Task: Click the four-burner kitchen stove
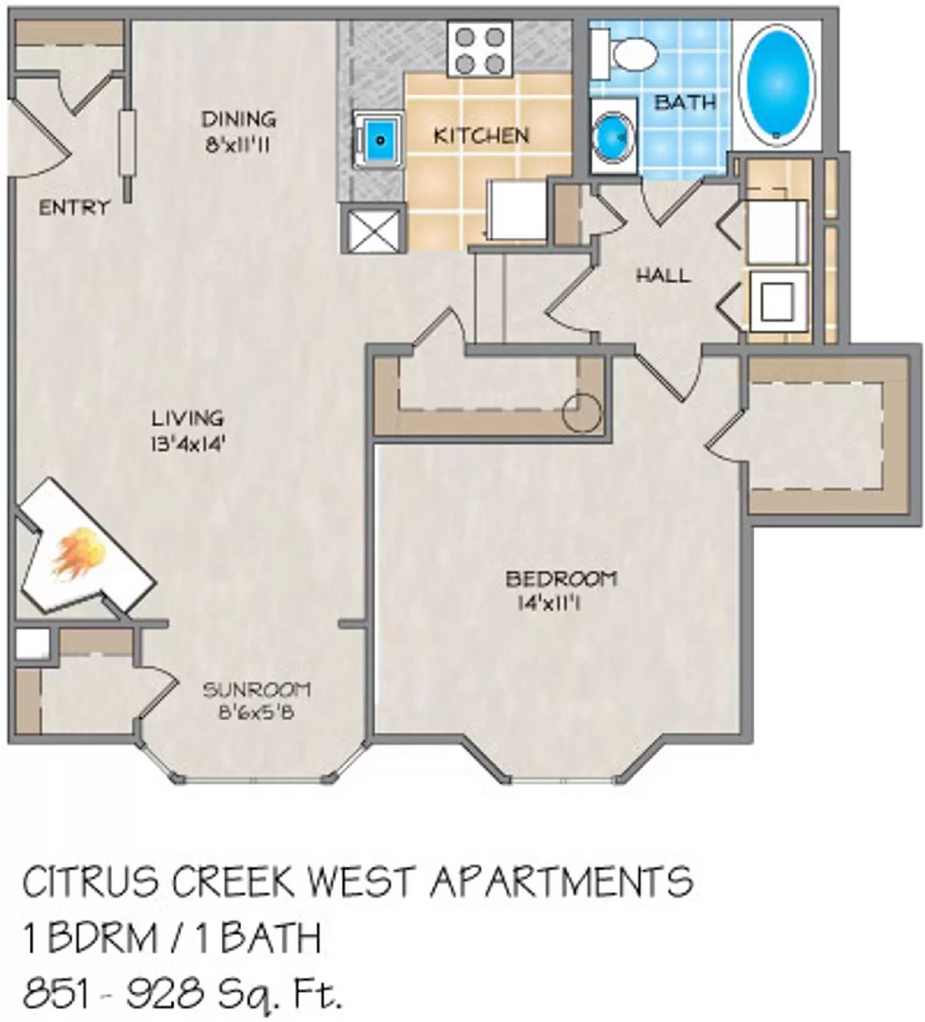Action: click(x=480, y=48)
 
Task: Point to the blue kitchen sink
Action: click(x=379, y=139)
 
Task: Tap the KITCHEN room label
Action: click(x=481, y=135)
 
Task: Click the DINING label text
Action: click(x=238, y=119)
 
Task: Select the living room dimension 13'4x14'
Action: click(x=188, y=443)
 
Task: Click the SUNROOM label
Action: click(x=257, y=690)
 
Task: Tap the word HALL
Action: click(x=663, y=276)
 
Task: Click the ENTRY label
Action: click(x=74, y=208)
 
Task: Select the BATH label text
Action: click(x=685, y=102)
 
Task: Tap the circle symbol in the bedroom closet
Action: click(x=581, y=413)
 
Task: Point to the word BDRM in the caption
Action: click(x=102, y=938)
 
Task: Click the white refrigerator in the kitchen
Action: click(x=516, y=210)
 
